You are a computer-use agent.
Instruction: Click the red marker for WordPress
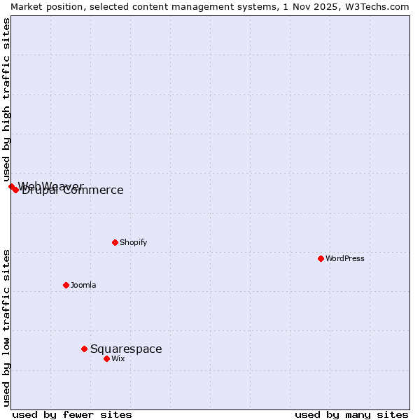[x=321, y=258]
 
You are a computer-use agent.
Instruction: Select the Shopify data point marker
[x=115, y=242]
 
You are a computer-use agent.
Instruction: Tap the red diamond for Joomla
[x=66, y=285]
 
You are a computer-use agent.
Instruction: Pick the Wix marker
[x=106, y=358]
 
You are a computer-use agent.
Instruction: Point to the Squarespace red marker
[x=84, y=349]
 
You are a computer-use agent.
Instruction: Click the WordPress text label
[x=345, y=258]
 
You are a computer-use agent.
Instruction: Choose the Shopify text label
[x=133, y=242]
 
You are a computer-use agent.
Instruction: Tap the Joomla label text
[x=83, y=285]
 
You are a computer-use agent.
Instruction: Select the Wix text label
[x=118, y=358]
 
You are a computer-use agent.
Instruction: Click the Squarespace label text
[x=126, y=349]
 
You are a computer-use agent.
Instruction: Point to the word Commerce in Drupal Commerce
[x=94, y=190]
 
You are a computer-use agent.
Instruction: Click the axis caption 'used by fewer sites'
[x=72, y=414]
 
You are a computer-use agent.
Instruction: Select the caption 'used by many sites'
[x=351, y=414]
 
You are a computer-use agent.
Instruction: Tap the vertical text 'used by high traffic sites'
[x=6, y=99]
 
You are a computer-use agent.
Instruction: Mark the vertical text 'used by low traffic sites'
[x=6, y=327]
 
